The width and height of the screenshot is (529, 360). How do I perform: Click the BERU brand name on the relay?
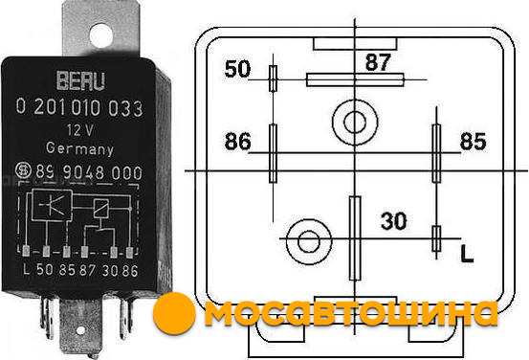[80, 81]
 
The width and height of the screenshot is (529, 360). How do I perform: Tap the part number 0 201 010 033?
[79, 108]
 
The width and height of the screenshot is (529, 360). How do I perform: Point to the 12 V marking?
[79, 130]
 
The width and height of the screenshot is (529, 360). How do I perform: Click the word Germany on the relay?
[79, 148]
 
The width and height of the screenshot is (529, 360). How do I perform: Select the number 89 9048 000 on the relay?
[89, 172]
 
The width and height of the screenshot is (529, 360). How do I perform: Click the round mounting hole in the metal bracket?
[100, 35]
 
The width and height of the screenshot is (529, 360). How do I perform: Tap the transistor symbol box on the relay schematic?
[52, 205]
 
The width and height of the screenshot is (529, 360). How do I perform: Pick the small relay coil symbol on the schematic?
[100, 209]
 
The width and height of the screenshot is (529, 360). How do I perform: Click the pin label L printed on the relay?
[27, 269]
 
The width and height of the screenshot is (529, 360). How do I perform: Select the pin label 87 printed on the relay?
[87, 270]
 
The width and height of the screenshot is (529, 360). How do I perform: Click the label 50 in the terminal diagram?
[237, 69]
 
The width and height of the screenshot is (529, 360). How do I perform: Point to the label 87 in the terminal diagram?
[378, 62]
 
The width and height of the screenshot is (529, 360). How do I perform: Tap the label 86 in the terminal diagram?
[238, 141]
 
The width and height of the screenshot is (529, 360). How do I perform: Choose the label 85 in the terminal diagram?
[473, 141]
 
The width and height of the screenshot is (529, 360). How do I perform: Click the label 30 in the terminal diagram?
[394, 221]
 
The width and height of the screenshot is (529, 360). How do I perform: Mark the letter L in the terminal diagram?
[467, 254]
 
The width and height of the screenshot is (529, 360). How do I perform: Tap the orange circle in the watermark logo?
[174, 313]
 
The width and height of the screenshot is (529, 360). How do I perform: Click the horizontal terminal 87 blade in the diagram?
[355, 80]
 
